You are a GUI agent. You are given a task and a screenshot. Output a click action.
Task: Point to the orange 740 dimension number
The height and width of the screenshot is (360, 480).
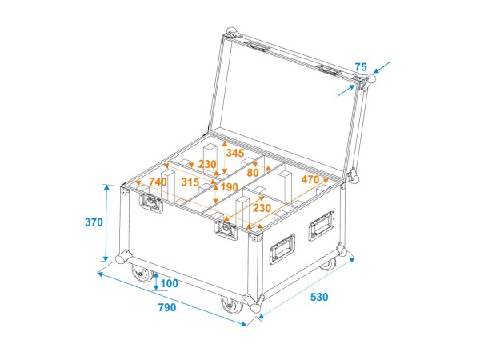158,182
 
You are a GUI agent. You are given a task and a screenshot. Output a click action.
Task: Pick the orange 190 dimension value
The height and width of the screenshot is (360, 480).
230,188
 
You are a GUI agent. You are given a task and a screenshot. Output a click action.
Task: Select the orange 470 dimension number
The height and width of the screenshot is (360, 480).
311,180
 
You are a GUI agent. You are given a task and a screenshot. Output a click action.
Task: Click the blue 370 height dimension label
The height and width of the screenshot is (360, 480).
93,222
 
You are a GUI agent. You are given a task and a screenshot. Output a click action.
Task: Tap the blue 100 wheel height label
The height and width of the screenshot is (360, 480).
170,284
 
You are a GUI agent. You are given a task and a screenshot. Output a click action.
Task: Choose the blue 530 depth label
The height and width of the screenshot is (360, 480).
318,297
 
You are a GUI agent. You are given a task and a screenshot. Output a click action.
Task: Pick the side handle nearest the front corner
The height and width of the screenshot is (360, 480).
284,249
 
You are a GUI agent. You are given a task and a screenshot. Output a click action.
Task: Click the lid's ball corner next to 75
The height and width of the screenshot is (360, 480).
369,83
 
